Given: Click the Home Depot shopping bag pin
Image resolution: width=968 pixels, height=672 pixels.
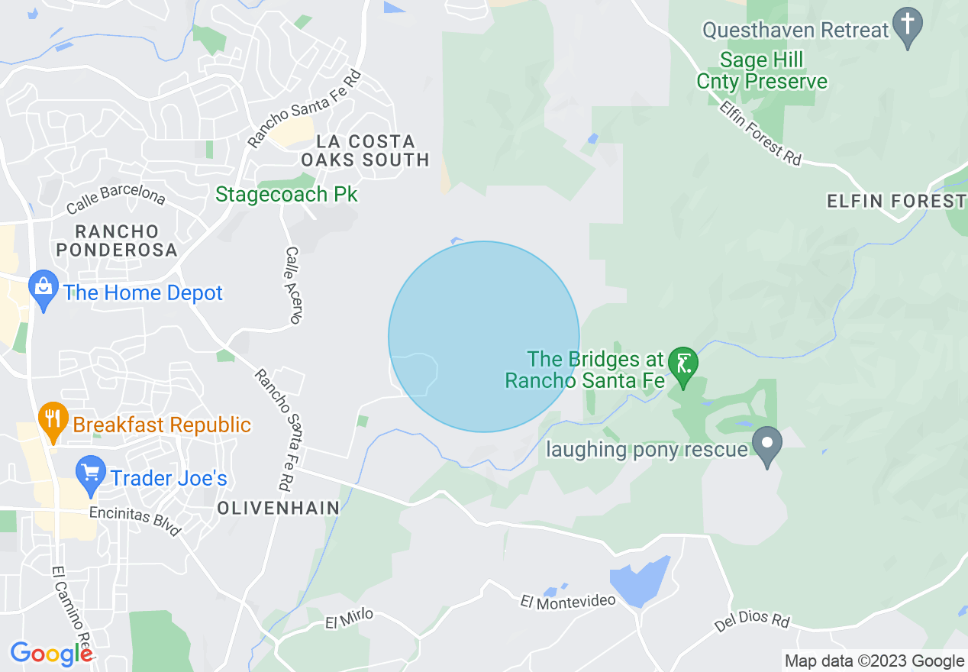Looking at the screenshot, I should [44, 290].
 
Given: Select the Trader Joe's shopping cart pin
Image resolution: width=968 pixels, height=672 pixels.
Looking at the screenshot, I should [91, 476].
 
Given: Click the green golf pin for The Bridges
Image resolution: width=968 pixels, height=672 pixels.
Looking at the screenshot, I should [682, 365].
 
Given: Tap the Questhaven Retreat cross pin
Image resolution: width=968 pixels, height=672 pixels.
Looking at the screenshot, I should [908, 26].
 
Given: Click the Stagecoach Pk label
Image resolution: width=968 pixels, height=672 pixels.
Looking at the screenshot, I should [286, 194].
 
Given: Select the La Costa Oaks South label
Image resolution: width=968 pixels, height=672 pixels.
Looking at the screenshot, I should [366, 150].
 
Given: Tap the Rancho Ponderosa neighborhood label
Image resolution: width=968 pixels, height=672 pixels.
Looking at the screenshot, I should [116, 240].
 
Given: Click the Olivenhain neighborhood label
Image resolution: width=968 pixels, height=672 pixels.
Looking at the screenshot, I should [278, 508].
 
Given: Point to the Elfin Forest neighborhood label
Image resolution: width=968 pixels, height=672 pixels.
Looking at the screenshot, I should [896, 201].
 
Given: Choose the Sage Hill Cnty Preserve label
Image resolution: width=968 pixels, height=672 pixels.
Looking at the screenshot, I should [761, 70].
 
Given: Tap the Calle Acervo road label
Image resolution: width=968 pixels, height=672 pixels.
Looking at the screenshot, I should [293, 284].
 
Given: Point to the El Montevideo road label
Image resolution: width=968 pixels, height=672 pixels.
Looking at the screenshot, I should [567, 602].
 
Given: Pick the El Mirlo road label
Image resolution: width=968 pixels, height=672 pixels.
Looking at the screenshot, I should [349, 619].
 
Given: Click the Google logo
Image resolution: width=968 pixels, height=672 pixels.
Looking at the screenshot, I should [50, 654].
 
